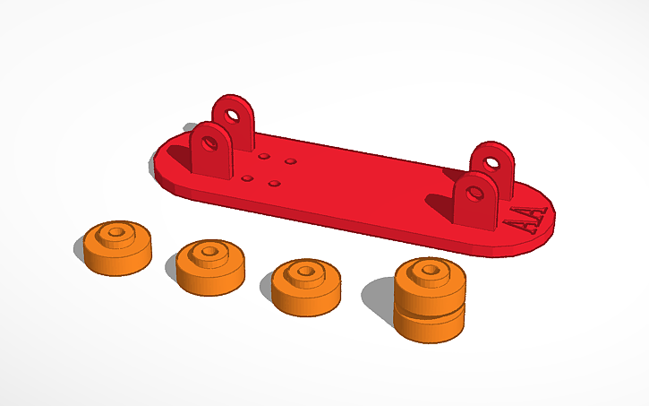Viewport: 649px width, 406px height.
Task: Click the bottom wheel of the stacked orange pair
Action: click(x=430, y=325)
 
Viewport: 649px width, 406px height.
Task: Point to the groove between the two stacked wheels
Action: click(x=430, y=310)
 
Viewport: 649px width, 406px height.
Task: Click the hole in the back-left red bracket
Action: click(x=232, y=115)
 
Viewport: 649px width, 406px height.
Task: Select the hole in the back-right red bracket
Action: click(x=492, y=163)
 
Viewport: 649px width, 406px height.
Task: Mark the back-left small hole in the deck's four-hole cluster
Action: click(x=264, y=156)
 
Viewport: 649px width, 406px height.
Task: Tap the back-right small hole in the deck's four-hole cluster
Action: click(x=291, y=162)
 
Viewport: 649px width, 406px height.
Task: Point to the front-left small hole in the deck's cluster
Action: click(x=247, y=177)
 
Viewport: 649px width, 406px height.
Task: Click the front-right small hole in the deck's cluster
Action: click(x=274, y=184)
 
